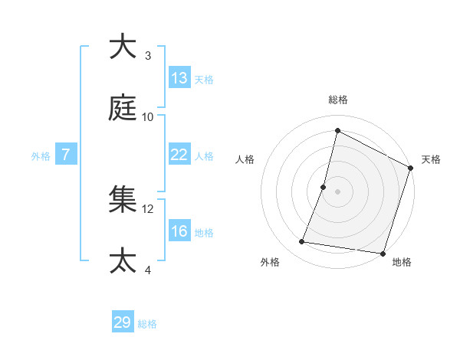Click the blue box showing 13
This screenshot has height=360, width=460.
179,78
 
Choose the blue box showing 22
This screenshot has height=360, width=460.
179,154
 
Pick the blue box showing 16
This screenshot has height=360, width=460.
179,231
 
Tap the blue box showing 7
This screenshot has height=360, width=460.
66,155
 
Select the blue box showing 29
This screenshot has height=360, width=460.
123,322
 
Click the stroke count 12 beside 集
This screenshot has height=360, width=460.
148,208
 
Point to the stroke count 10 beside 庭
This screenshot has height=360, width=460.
148,116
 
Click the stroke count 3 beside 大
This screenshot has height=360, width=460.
148,56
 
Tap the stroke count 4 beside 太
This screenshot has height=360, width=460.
148,270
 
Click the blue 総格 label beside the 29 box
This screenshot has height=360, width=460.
147,324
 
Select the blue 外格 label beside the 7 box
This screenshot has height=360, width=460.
41,156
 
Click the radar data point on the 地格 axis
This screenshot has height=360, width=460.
382,254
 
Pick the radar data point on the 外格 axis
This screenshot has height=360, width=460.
302,242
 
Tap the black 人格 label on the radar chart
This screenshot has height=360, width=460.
245,159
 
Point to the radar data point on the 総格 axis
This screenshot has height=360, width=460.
337,131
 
